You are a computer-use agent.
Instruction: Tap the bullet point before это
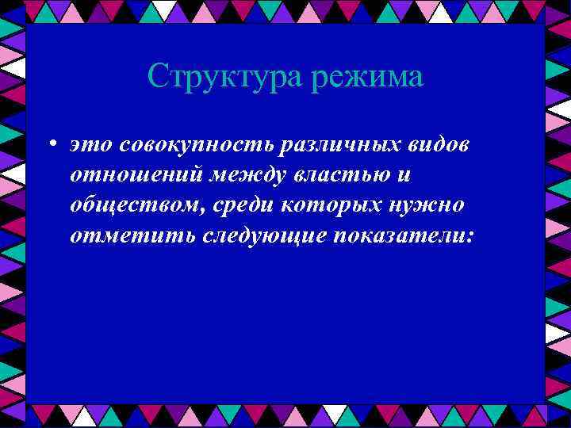click(x=50, y=146)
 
